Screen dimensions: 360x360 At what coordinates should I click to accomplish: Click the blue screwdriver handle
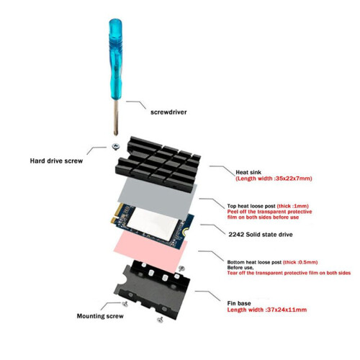[x=115, y=59]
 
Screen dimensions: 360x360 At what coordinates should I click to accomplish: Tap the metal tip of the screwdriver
[x=116, y=132]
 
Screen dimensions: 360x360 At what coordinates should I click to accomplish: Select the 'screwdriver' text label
[x=168, y=112]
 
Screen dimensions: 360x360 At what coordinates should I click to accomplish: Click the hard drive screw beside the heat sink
[x=116, y=146]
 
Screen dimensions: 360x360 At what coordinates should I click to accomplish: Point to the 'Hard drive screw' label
[x=56, y=161]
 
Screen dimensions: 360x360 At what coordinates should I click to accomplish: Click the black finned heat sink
[x=158, y=164]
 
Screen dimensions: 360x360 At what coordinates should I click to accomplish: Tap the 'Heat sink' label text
[x=248, y=172]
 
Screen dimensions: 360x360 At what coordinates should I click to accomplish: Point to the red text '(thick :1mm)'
[x=293, y=206]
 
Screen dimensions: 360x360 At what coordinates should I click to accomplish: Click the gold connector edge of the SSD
[x=116, y=213]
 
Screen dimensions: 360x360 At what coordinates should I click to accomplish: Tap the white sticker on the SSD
[x=153, y=222]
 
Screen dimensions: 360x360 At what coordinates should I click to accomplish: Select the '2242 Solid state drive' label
[x=261, y=235]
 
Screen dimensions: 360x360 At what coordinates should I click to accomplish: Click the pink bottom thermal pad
[x=150, y=252]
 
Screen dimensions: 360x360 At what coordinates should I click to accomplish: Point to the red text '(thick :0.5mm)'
[x=300, y=262]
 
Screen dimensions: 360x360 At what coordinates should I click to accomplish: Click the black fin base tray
[x=153, y=289]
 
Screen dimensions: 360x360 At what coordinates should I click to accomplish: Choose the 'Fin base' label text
[x=239, y=303]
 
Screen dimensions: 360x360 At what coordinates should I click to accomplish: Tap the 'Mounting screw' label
[x=100, y=316]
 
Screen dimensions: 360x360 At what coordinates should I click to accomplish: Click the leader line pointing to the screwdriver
[x=136, y=104]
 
